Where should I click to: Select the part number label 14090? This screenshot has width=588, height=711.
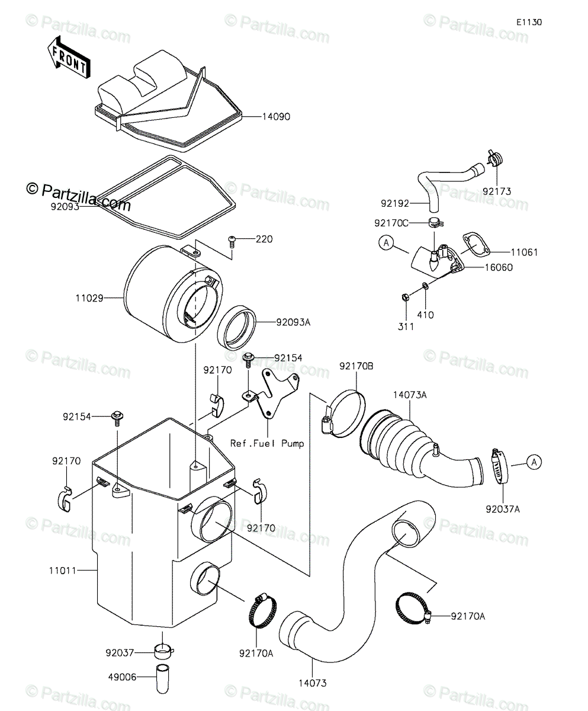276,117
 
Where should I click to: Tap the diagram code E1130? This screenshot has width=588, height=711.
528,23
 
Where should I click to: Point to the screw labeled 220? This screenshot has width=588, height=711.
232,241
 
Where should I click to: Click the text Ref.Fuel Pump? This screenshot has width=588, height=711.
267,443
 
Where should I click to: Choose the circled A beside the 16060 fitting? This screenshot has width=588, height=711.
386,243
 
